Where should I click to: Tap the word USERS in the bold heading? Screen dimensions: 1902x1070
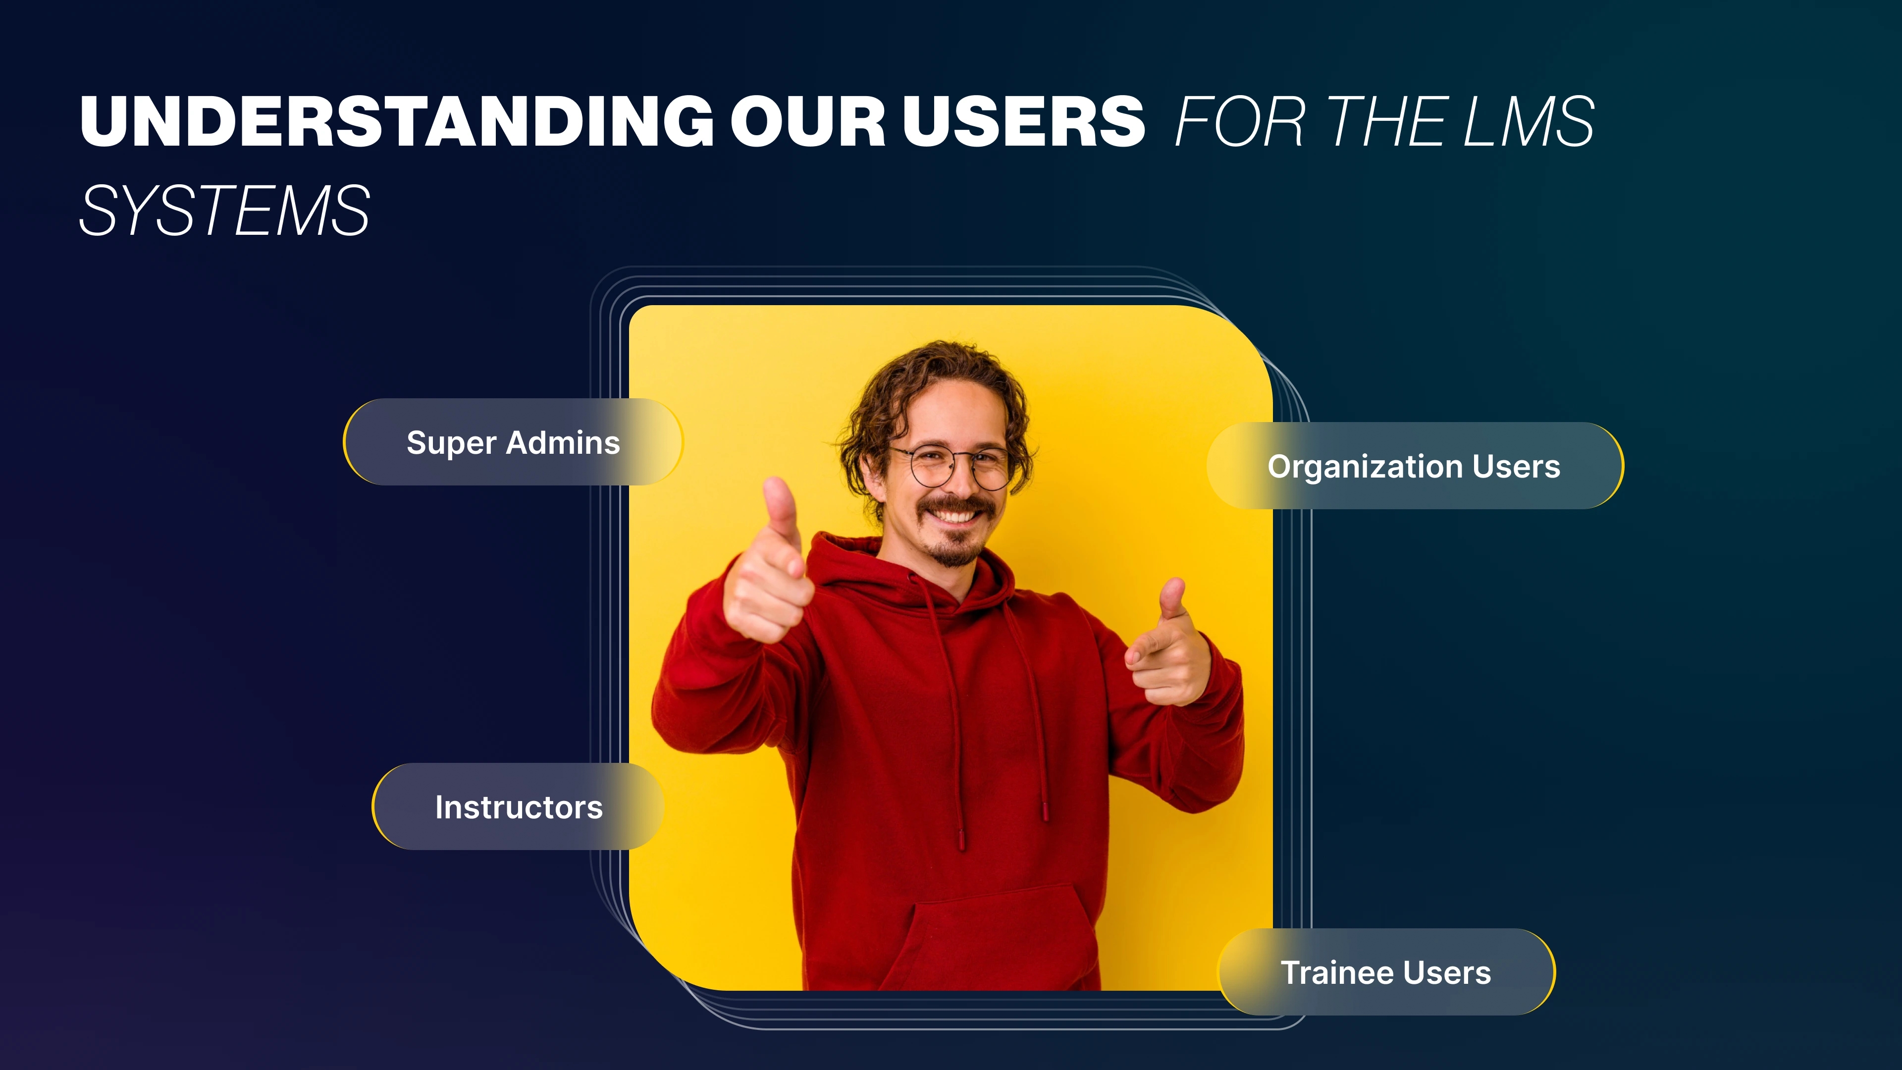[x=1023, y=120]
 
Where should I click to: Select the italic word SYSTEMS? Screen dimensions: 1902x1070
[x=224, y=211]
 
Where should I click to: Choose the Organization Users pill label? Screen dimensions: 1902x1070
[x=1415, y=466]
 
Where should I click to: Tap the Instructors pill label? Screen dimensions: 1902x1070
[x=518, y=806]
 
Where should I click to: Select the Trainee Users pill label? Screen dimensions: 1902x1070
[x=1386, y=972]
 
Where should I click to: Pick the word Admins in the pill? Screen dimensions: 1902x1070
[x=563, y=442]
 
